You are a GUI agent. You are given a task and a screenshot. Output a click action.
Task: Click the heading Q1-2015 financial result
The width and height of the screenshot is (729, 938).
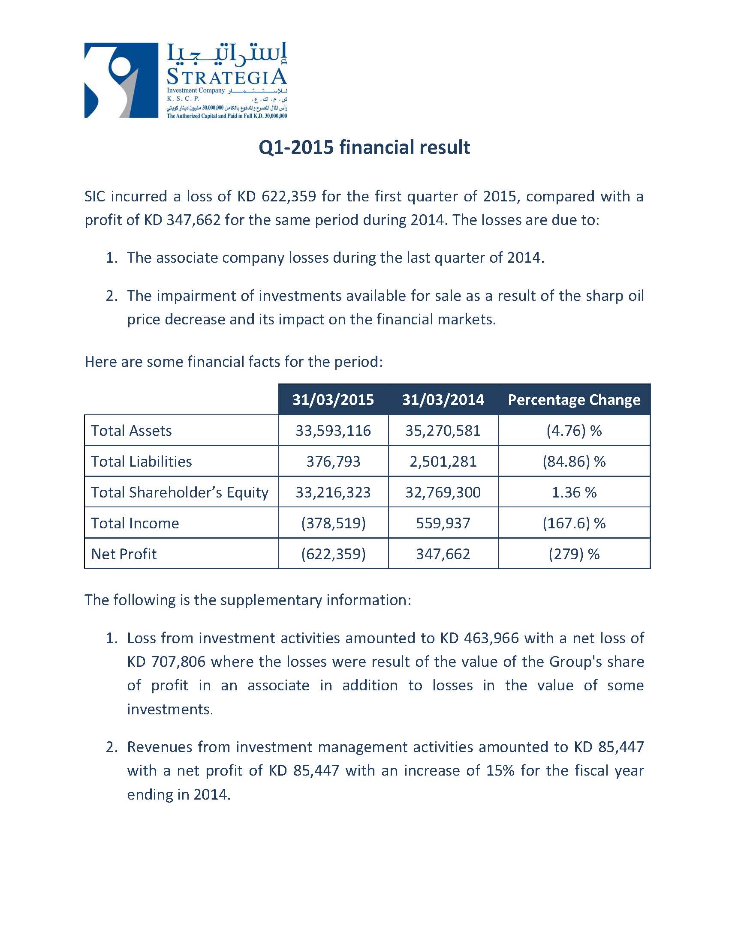[x=364, y=147]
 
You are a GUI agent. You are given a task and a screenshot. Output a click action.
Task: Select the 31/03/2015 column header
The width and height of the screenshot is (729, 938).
[x=333, y=400]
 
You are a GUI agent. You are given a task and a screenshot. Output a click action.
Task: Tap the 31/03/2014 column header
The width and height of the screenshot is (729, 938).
[x=443, y=400]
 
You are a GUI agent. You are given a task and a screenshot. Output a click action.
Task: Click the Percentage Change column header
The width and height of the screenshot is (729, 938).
[x=574, y=400]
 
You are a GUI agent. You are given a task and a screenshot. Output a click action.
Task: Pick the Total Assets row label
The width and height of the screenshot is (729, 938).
[x=131, y=431]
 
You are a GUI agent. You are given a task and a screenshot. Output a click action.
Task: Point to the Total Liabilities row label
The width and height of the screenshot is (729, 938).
[x=142, y=462]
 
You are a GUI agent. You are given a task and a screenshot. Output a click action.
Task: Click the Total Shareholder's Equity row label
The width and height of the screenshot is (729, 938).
[x=180, y=493]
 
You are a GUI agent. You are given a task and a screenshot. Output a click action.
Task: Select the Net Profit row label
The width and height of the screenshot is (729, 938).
[x=124, y=554]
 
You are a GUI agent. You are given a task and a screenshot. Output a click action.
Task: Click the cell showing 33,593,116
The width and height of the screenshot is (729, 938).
[x=333, y=431]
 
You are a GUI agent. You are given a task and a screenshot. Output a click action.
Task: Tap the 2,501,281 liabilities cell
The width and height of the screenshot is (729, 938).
[x=443, y=462]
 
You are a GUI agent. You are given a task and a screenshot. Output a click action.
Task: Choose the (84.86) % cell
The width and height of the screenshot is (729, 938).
[x=574, y=462]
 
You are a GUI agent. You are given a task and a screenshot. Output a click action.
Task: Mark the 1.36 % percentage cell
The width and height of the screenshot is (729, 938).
[x=574, y=493]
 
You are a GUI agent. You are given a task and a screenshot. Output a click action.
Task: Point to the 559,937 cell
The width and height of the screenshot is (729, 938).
[x=443, y=523]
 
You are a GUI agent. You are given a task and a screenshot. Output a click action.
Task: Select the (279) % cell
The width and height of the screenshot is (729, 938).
[x=574, y=554]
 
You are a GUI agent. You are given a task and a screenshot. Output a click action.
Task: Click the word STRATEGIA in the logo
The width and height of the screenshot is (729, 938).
[x=226, y=77]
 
